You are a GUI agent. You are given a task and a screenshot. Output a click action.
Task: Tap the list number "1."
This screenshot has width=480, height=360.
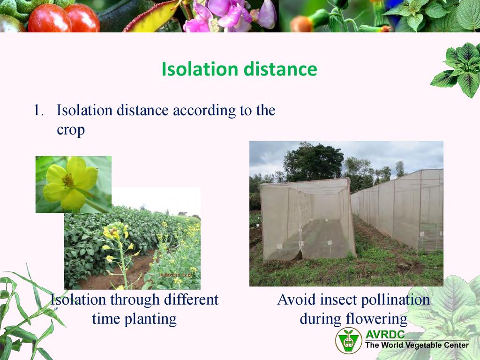[x=38, y=111]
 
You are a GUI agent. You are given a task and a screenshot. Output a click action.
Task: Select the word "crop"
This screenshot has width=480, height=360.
[x=71, y=130]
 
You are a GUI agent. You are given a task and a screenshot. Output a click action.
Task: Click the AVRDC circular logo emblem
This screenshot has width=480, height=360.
[x=348, y=340]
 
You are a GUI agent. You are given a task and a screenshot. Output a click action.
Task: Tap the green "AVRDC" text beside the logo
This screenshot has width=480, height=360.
[x=385, y=334]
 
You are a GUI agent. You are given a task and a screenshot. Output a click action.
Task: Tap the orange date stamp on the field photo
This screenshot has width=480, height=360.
[x=175, y=275]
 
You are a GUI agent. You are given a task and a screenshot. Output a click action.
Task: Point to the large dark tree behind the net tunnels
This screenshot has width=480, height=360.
[x=313, y=162]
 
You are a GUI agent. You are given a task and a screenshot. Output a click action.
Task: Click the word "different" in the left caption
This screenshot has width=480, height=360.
[x=191, y=300]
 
